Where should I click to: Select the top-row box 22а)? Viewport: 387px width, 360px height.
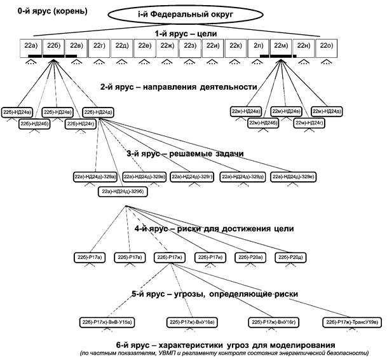pyautogui.click(x=31, y=45)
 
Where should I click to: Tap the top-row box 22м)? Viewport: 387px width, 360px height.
pyautogui.click(x=282, y=45)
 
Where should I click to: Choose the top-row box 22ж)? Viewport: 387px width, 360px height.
pyautogui.click(x=168, y=45)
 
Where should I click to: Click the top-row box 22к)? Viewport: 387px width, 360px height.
pyautogui.click(x=236, y=45)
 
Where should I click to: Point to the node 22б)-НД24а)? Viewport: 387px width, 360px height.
pyautogui.click(x=17, y=113)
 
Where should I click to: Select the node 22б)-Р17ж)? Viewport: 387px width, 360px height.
pyautogui.click(x=170, y=257)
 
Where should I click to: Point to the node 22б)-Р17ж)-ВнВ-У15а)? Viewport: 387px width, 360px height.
pyautogui.click(x=105, y=322)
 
